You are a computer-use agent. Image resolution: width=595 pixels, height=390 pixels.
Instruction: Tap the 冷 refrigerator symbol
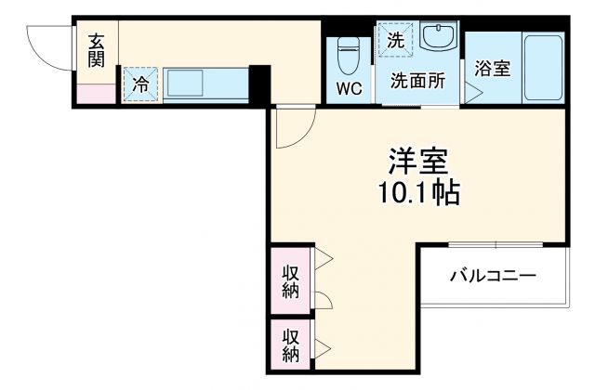pos(141,84)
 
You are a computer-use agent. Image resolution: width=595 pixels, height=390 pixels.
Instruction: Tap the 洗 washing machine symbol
pos(396,40)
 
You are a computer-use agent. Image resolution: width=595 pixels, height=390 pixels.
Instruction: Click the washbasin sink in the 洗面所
pos(436,38)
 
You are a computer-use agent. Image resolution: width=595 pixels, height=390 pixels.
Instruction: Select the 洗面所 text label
pos(417,80)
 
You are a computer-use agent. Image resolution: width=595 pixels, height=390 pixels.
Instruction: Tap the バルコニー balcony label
pos(493,276)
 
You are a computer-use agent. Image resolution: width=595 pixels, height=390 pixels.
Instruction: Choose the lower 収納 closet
pos(290,344)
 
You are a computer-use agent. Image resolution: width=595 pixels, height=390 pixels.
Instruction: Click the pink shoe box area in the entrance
pos(95,93)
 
